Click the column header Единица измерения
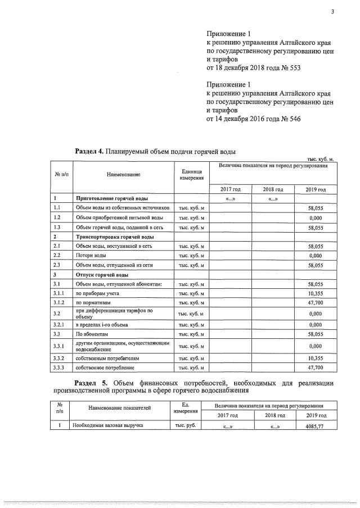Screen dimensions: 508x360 click(191, 174)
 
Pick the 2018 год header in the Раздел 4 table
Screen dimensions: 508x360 click(273, 189)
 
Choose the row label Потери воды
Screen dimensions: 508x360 click(88, 255)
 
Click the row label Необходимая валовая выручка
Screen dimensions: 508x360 click(107, 425)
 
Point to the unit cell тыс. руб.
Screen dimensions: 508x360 click(186, 425)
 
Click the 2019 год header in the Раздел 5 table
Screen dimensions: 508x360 click(315, 415)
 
